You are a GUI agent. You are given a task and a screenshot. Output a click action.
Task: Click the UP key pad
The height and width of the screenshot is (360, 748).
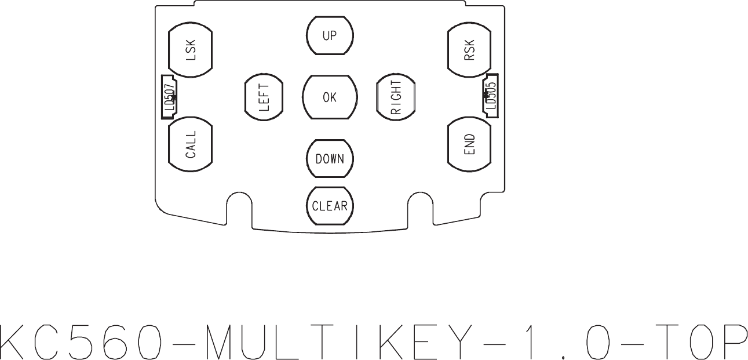click(330, 35)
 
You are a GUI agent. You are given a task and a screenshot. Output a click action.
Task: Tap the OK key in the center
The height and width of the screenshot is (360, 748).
click(330, 97)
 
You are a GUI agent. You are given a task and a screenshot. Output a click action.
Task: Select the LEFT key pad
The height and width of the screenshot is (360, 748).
click(264, 97)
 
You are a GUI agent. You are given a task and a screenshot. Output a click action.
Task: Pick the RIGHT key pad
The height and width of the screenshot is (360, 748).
click(396, 97)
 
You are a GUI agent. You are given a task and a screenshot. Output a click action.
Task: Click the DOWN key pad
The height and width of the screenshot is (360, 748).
click(330, 159)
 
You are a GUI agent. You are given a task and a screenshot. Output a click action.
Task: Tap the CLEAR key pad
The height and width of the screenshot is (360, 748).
click(330, 206)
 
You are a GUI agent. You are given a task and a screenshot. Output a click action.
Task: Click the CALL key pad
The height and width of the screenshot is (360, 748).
click(191, 144)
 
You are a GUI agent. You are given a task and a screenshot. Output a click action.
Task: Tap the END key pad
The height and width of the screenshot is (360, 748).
click(469, 144)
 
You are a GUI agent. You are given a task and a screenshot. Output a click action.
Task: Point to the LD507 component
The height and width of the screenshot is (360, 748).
click(170, 97)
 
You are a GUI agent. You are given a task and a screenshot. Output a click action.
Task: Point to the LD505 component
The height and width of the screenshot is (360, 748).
click(491, 97)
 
